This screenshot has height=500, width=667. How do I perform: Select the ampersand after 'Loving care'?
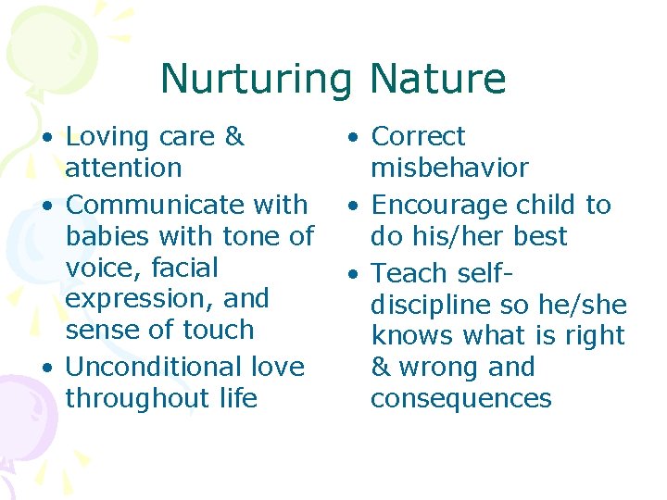[234, 137]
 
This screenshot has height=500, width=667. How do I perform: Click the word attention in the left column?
[123, 169]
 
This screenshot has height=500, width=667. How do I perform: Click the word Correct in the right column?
[418, 137]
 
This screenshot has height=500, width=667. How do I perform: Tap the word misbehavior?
[449, 169]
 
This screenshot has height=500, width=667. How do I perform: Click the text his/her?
[457, 236]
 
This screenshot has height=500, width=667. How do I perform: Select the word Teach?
[409, 273]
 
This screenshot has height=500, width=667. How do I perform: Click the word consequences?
[460, 398]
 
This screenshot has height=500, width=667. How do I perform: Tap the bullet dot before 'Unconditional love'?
[46, 368]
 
